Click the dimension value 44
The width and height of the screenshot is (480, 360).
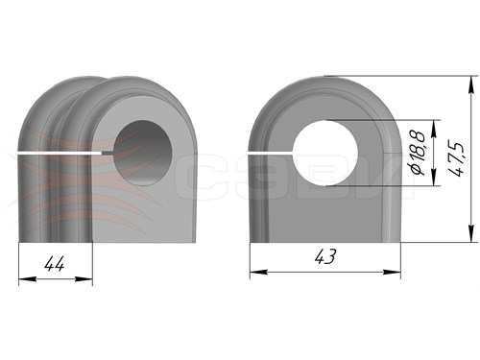point(55,264)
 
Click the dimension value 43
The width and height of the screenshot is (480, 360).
point(325,256)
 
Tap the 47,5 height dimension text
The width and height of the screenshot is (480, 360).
point(456,158)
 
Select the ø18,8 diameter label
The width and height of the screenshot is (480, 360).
point(419,153)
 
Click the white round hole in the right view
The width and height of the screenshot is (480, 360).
point(325,153)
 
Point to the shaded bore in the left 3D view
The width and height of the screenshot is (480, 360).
point(143,153)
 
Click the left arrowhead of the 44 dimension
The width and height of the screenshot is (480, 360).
point(27,279)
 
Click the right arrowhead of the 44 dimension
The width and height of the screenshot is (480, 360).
point(84,279)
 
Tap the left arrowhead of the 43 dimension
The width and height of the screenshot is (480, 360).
point(258,272)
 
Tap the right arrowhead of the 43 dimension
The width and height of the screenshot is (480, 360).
point(392,272)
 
